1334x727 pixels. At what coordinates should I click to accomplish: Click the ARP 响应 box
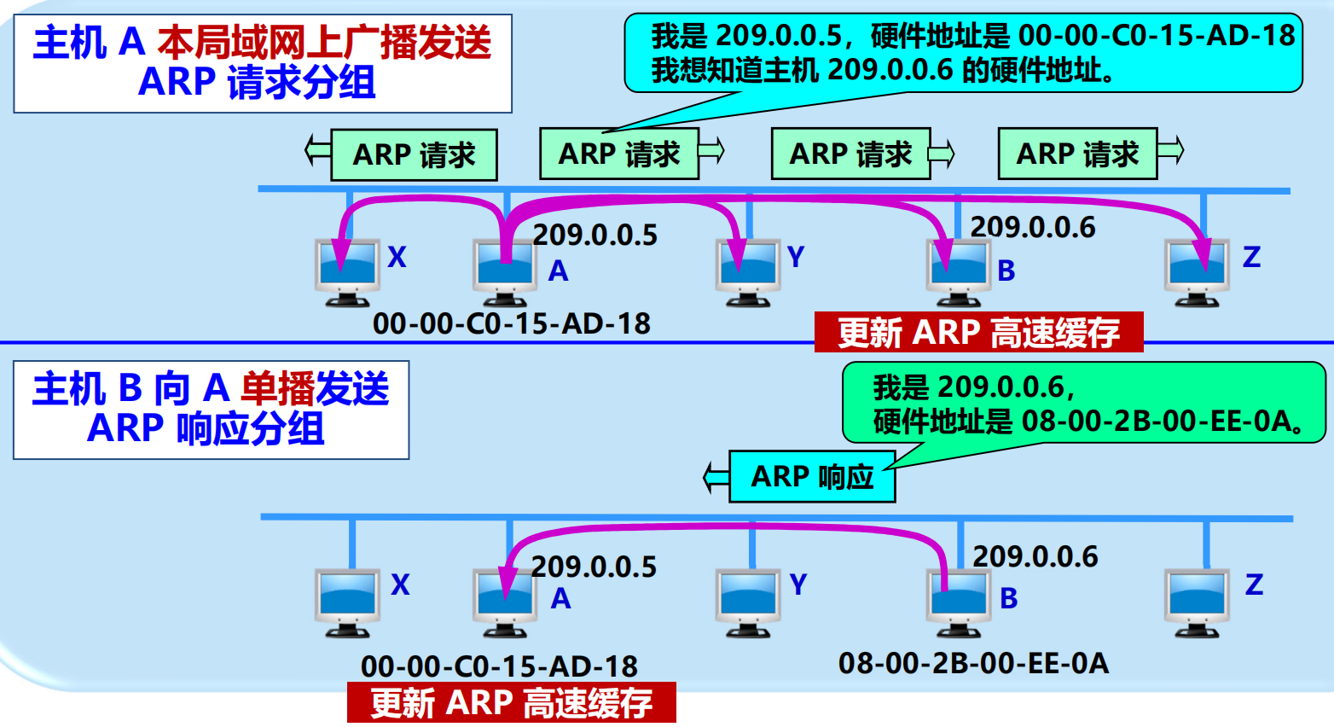tap(812, 477)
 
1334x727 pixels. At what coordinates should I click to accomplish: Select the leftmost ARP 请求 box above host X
tap(414, 155)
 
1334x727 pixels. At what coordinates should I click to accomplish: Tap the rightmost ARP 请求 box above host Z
tap(1077, 154)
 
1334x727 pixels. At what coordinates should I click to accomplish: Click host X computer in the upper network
tap(346, 271)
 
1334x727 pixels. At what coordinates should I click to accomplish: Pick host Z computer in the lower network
tap(1197, 602)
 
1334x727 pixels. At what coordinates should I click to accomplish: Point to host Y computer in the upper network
tap(748, 271)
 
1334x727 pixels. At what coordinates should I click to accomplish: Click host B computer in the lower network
tap(959, 602)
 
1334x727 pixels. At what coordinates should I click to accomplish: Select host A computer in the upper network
tap(505, 271)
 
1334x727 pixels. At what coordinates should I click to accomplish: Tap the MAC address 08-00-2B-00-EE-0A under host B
tap(973, 663)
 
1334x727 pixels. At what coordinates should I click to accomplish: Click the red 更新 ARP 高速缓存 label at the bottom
tap(512, 703)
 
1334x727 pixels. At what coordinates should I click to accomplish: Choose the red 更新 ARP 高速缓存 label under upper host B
tap(978, 332)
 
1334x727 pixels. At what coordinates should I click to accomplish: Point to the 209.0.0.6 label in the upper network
tap(1032, 227)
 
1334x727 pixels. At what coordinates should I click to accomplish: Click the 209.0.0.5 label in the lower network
tap(594, 567)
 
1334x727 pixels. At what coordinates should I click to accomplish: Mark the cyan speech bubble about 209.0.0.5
tap(964, 53)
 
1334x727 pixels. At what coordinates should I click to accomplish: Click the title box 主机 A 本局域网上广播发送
tap(263, 63)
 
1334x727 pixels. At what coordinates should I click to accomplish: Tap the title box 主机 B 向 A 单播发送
tap(211, 410)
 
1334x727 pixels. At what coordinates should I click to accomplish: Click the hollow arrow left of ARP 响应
tap(716, 477)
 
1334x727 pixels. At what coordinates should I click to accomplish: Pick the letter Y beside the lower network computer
tap(797, 585)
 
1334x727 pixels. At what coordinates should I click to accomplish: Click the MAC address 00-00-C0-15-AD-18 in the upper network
tap(511, 323)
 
